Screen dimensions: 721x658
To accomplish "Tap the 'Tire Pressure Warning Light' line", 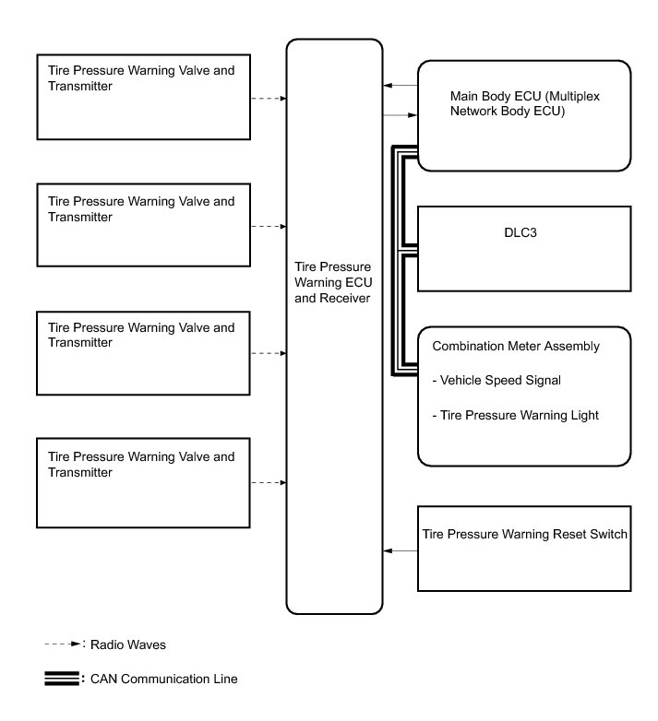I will pos(516,416).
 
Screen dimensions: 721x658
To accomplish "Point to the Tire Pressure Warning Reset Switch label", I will pos(524,534).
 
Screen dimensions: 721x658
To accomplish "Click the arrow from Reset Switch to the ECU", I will pos(400,551).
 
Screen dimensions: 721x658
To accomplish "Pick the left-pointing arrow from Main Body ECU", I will pos(400,86).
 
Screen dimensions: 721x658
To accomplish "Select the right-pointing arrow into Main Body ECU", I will pos(400,115).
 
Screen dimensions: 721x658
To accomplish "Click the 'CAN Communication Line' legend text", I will pos(164,680).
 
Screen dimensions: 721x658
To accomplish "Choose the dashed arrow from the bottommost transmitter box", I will pos(268,482).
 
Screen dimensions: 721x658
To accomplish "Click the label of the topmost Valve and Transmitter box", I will pos(140,78).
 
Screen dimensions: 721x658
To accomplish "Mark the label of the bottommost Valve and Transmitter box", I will pos(140,464).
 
